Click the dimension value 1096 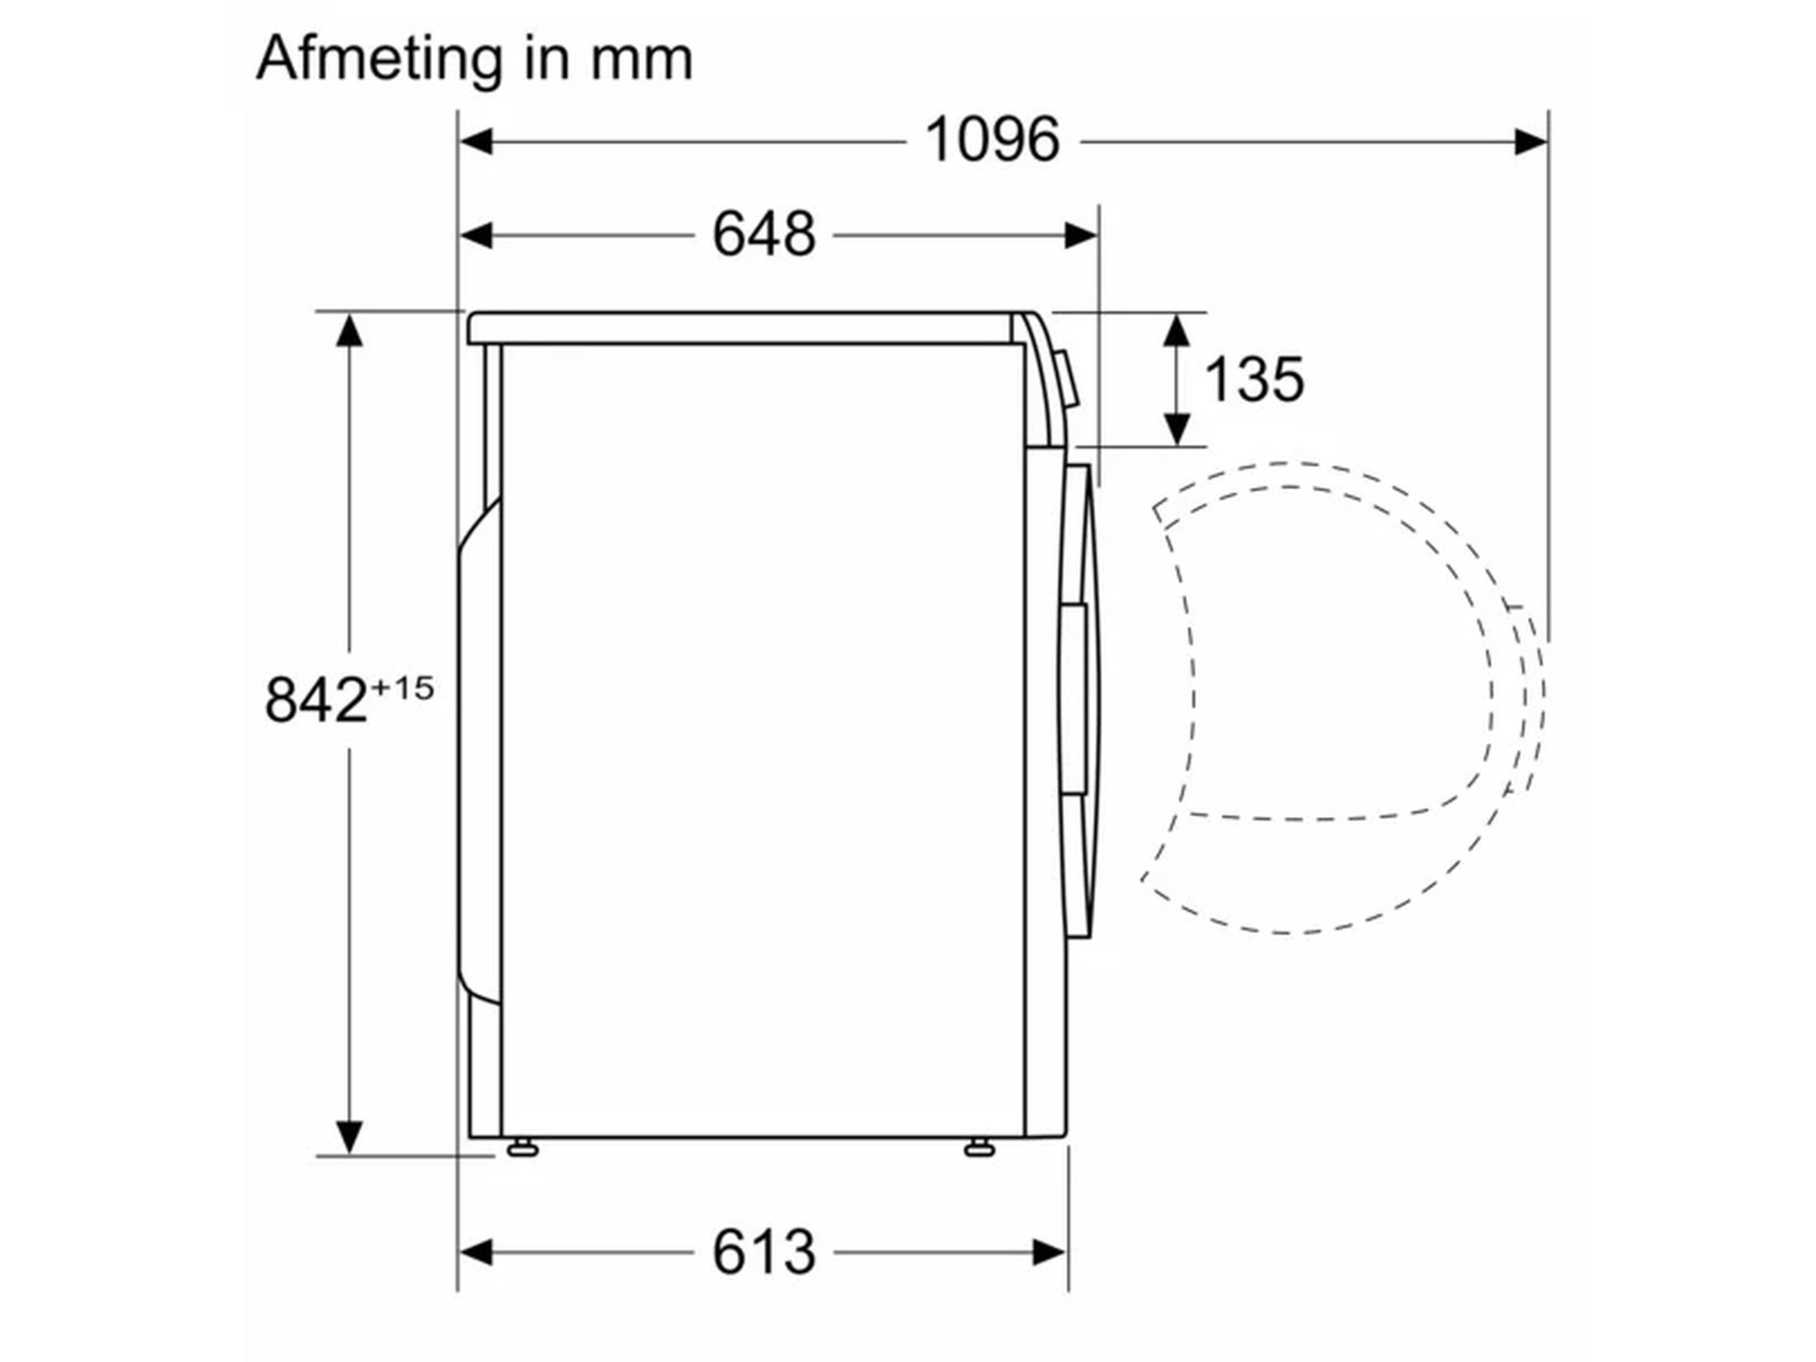click(992, 141)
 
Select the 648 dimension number click(764, 235)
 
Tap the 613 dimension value click(764, 1253)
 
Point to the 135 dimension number click(1254, 379)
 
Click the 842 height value click(316, 700)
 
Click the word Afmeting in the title click(380, 59)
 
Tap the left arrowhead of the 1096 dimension click(476, 142)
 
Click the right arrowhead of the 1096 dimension click(1531, 142)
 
